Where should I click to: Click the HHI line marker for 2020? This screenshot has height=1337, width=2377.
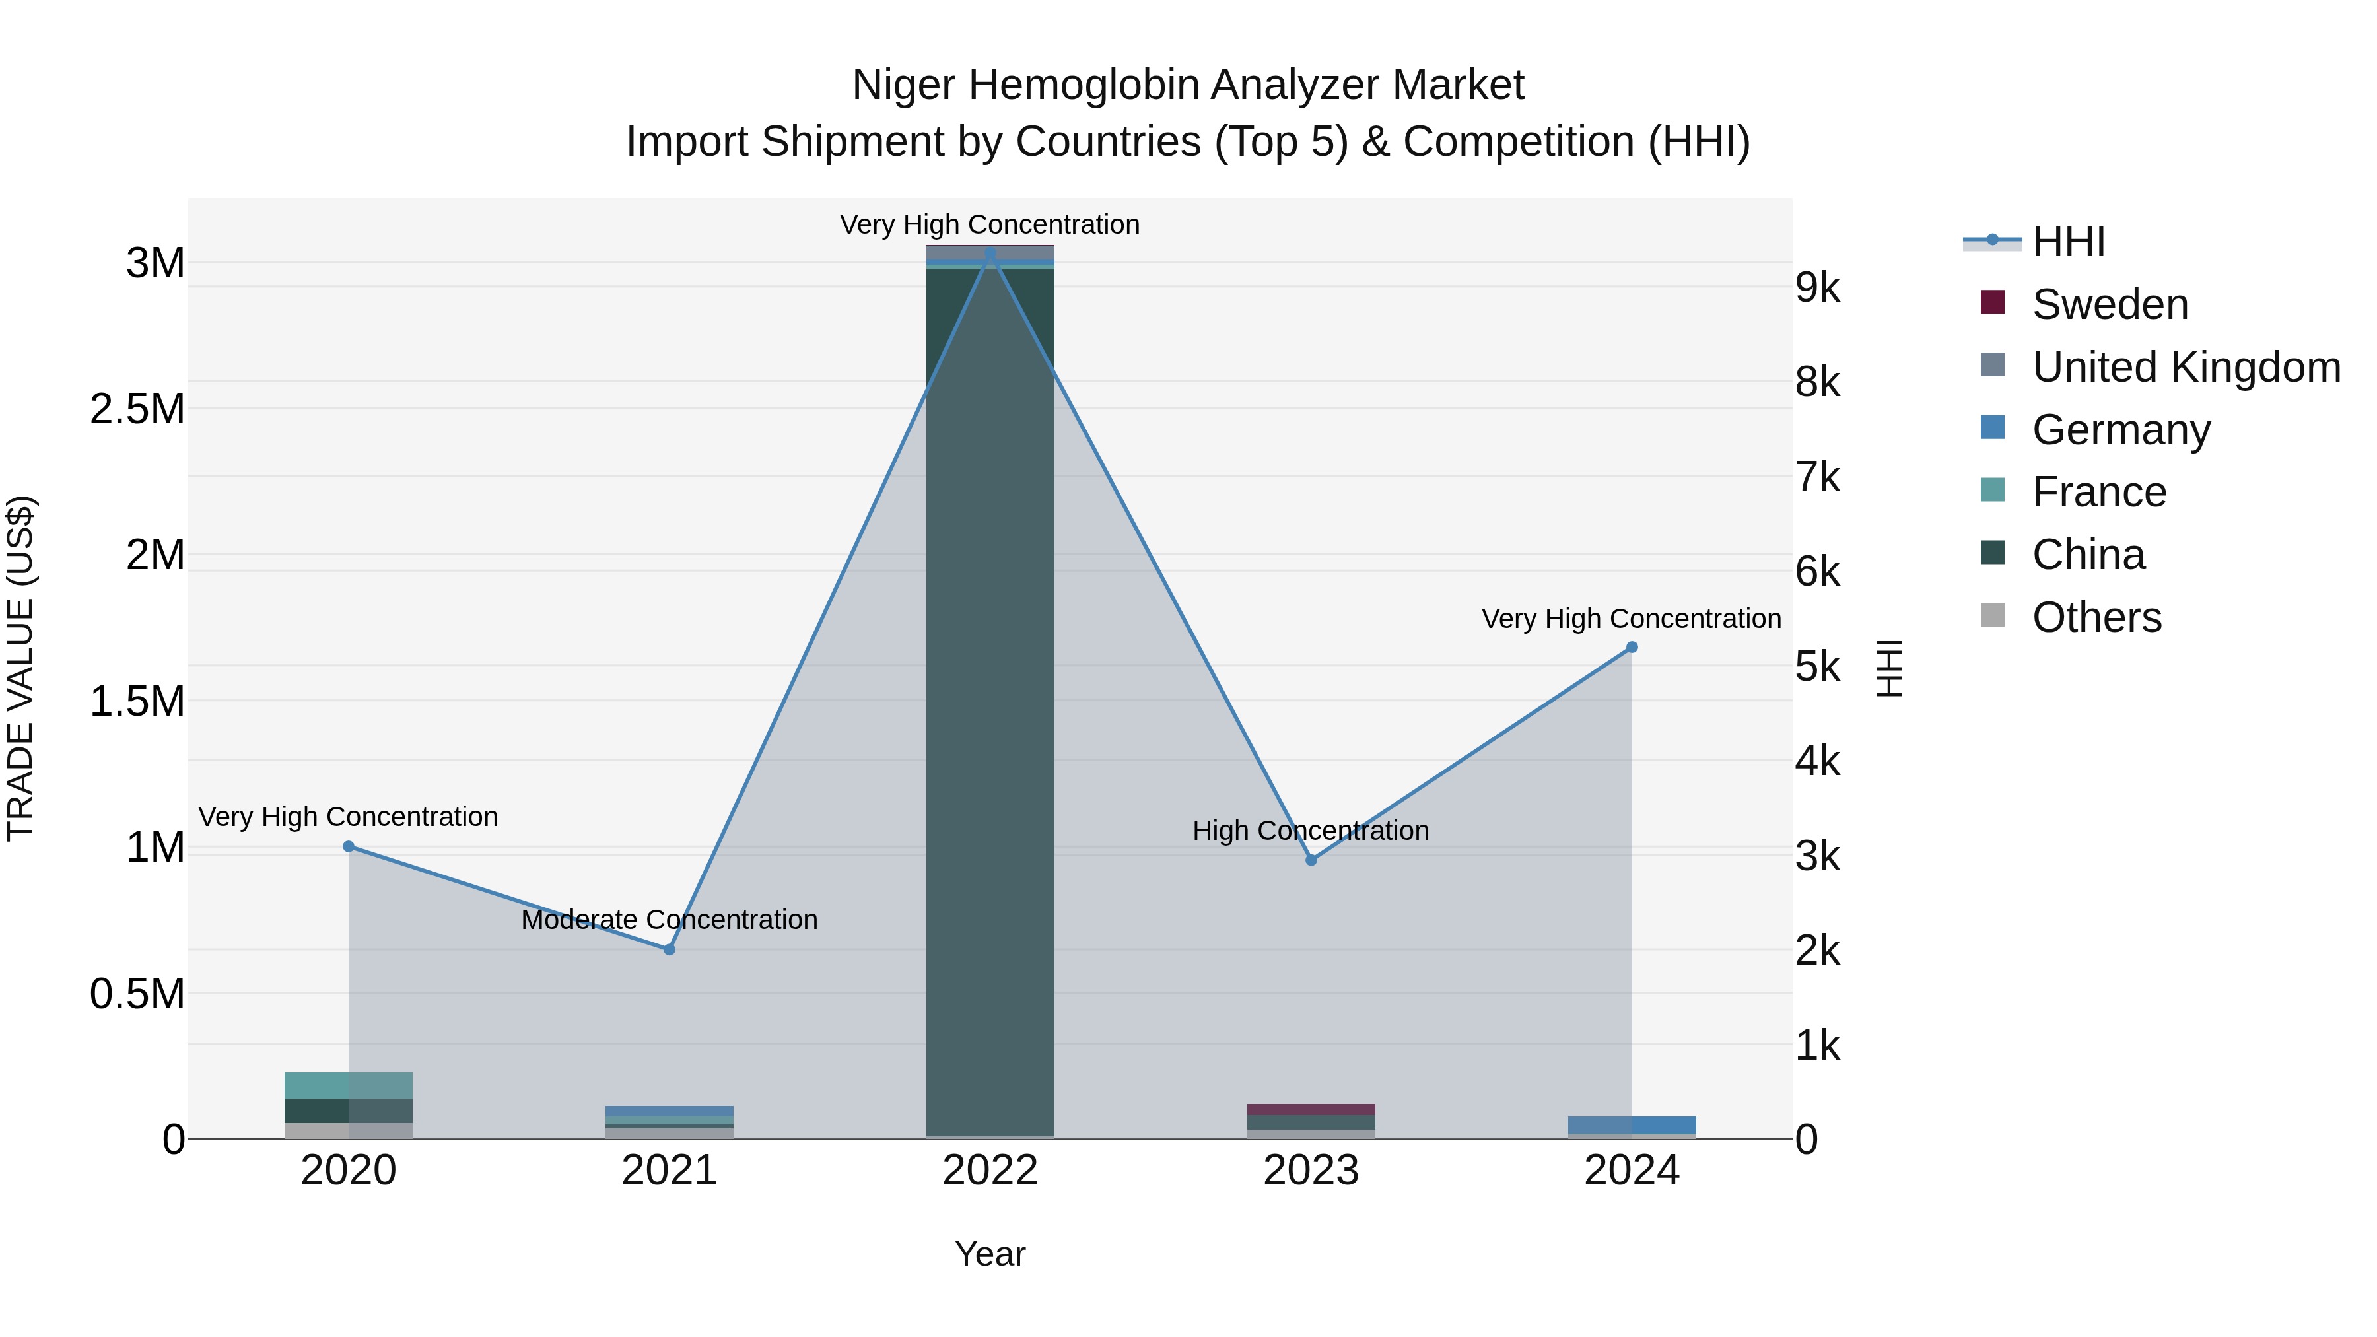point(349,846)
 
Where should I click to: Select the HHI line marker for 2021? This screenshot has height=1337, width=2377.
point(670,949)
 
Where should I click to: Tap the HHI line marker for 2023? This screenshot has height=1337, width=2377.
point(1311,860)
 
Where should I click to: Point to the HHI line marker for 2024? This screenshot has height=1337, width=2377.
point(1632,648)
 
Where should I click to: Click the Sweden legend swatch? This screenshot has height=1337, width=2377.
point(1992,302)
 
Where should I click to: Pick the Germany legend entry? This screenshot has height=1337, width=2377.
point(2120,430)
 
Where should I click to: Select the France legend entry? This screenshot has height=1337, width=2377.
point(2099,492)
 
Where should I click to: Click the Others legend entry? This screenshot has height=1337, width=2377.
point(2096,617)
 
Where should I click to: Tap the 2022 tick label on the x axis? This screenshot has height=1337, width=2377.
point(990,1171)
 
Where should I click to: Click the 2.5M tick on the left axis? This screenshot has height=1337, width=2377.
point(137,409)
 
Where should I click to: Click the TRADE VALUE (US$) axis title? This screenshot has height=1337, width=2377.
point(20,668)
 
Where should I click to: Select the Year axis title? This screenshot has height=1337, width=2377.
point(990,1254)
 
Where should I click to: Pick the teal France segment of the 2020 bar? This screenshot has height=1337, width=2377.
point(316,1085)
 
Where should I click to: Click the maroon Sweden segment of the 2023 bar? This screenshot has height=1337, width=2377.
point(1311,1110)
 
